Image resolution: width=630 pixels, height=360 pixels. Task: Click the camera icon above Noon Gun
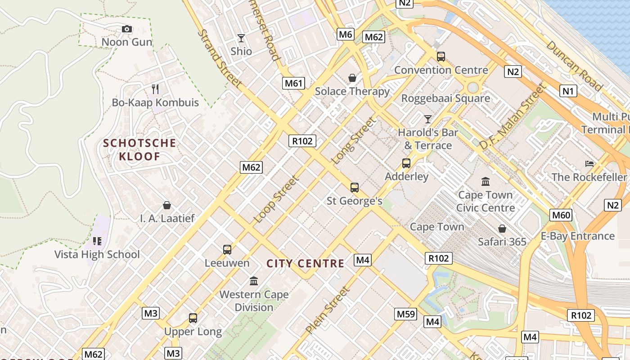[127, 29]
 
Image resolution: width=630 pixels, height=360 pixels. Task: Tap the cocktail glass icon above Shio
[241, 38]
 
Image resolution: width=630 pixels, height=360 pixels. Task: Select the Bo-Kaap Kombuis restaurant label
[155, 102]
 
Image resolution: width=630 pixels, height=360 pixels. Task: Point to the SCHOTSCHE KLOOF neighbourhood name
[139, 150]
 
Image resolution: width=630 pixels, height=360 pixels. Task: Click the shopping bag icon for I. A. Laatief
[167, 205]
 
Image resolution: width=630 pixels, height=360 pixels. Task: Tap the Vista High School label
[97, 254]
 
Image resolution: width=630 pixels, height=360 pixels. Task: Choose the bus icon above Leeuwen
[227, 249]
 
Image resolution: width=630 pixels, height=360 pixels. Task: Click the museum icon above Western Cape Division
[254, 281]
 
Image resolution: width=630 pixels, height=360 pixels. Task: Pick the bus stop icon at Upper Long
[193, 318]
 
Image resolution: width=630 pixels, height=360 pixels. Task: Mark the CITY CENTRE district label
[306, 264]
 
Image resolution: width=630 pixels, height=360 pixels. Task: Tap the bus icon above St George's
[355, 188]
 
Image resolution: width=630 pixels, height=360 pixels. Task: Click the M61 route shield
[293, 83]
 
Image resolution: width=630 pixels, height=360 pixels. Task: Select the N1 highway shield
[568, 91]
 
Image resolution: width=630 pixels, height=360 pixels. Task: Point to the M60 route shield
[561, 215]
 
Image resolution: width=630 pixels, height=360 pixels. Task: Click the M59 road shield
[405, 314]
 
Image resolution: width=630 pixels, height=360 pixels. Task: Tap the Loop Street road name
[276, 199]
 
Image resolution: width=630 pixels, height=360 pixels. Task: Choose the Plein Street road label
[328, 310]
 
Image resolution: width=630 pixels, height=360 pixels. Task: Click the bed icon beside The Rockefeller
[589, 163]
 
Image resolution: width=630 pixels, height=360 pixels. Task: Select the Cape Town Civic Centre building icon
[486, 182]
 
